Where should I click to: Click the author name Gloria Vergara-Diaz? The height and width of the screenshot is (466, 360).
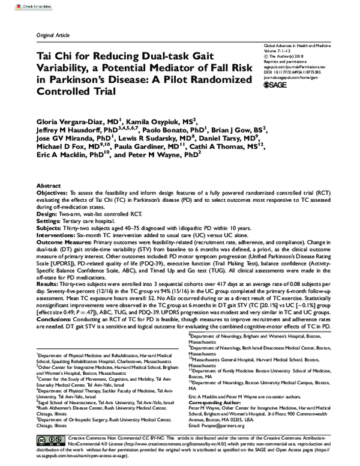tap(69, 120)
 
